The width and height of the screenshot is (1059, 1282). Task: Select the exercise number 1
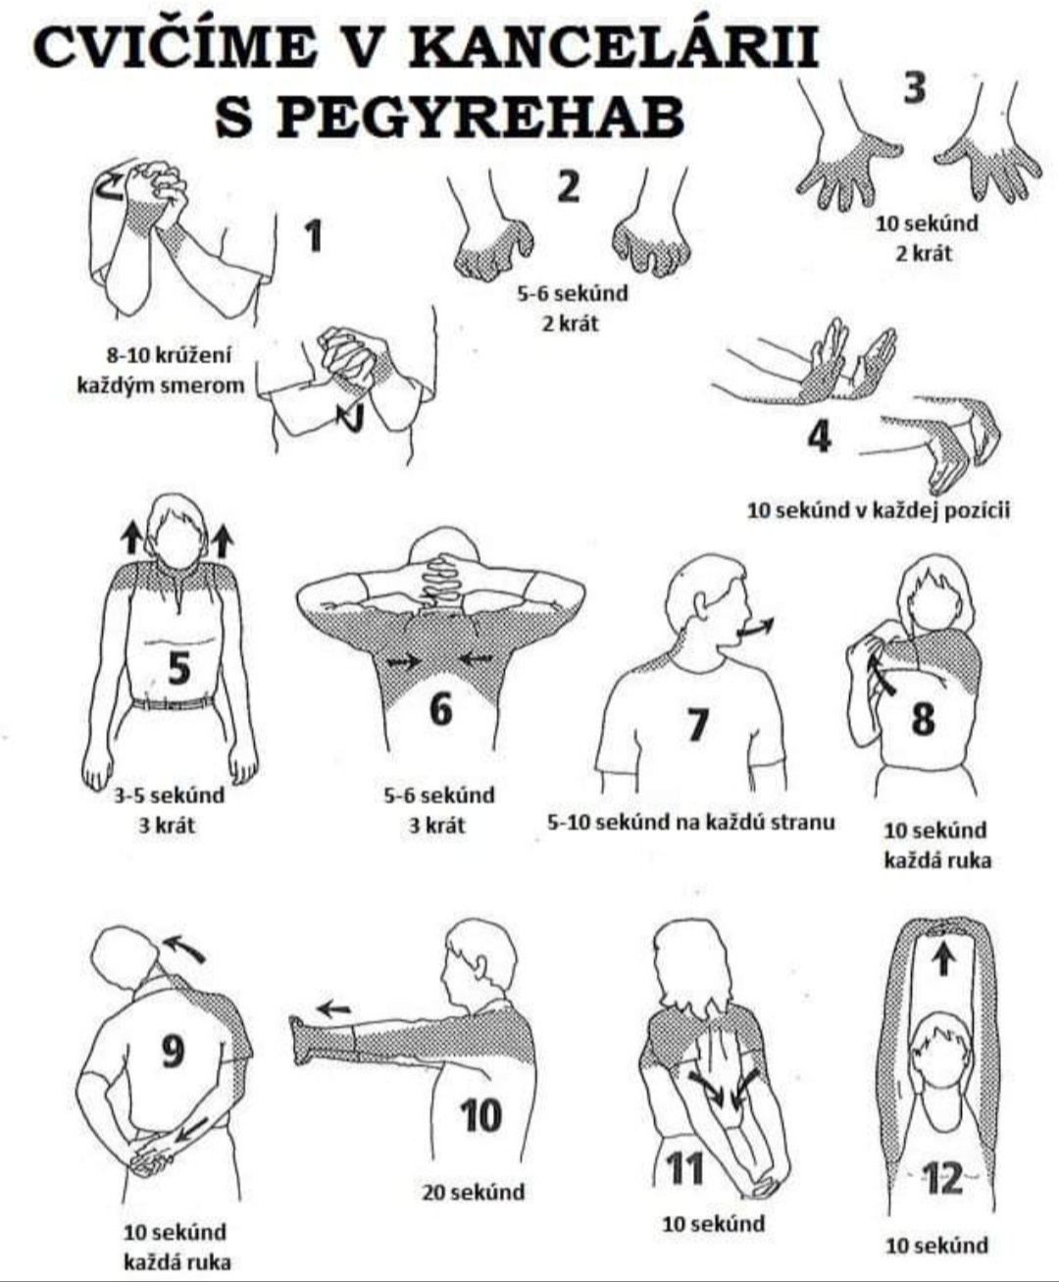(x=315, y=235)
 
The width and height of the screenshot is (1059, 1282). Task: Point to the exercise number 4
(x=820, y=436)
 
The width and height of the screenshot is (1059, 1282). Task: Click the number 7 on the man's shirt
(x=696, y=724)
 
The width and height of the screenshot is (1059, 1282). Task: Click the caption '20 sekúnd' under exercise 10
(x=473, y=1192)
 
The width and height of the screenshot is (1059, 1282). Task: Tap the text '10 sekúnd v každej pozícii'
(x=879, y=511)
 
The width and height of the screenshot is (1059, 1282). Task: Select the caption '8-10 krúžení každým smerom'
(x=160, y=370)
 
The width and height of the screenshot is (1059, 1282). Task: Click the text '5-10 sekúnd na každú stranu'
(x=691, y=822)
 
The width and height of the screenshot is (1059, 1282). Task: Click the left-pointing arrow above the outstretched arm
(x=334, y=1007)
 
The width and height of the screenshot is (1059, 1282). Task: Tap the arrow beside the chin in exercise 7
(x=756, y=628)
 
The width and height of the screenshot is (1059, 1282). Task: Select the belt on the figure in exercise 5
(x=174, y=703)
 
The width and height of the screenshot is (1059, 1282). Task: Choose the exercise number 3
(x=915, y=88)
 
